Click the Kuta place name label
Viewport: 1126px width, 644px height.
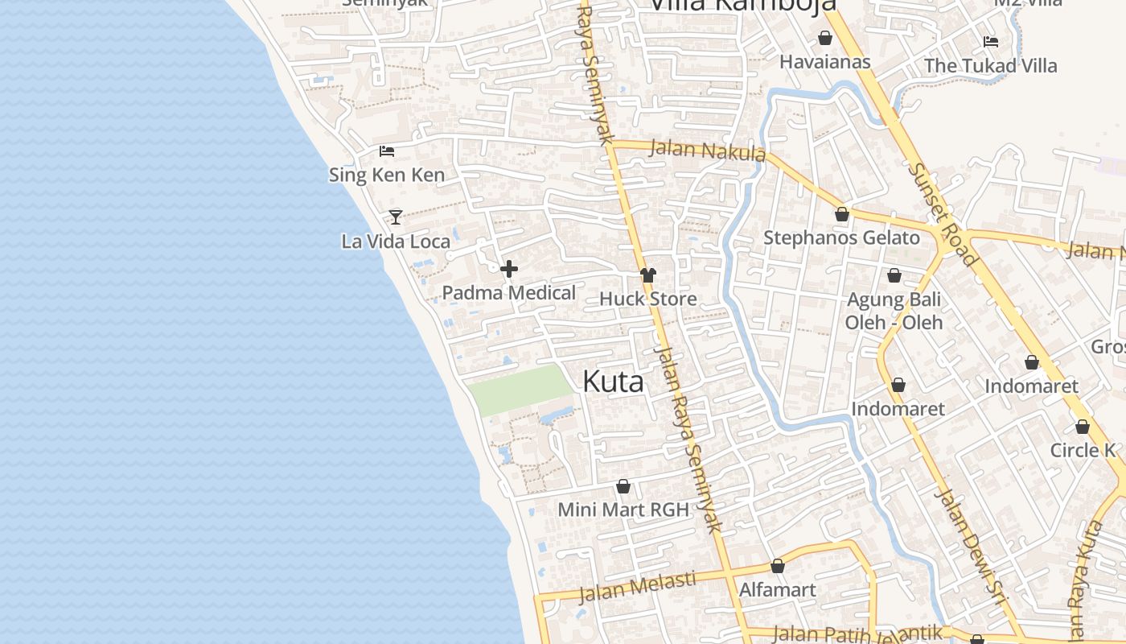pyautogui.click(x=613, y=382)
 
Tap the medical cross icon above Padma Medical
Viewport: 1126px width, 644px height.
pyautogui.click(x=509, y=269)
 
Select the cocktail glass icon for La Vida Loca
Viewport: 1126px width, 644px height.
pyautogui.click(x=395, y=217)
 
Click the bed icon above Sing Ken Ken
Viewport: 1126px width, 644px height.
pyautogui.click(x=387, y=151)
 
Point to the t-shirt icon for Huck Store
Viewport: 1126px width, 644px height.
pyautogui.click(x=648, y=275)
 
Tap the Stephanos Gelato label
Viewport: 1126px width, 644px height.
pyautogui.click(x=841, y=237)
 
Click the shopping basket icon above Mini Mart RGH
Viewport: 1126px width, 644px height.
pyautogui.click(x=623, y=486)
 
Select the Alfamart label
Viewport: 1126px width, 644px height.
pyautogui.click(x=777, y=589)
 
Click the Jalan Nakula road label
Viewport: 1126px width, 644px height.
pyautogui.click(x=706, y=151)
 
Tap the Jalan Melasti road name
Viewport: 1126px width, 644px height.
pyautogui.click(x=637, y=586)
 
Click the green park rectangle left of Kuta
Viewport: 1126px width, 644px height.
pyautogui.click(x=519, y=389)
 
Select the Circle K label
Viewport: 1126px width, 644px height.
pyautogui.click(x=1083, y=450)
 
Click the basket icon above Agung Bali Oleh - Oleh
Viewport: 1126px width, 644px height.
pyautogui.click(x=894, y=276)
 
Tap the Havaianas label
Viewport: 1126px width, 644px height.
pyautogui.click(x=825, y=61)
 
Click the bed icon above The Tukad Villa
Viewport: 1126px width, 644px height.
pyautogui.click(x=990, y=41)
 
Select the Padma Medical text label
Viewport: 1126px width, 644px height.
pyautogui.click(x=509, y=292)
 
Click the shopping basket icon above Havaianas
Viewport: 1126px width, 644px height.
pyautogui.click(x=825, y=38)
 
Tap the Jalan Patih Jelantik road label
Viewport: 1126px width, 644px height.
pyautogui.click(x=856, y=633)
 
